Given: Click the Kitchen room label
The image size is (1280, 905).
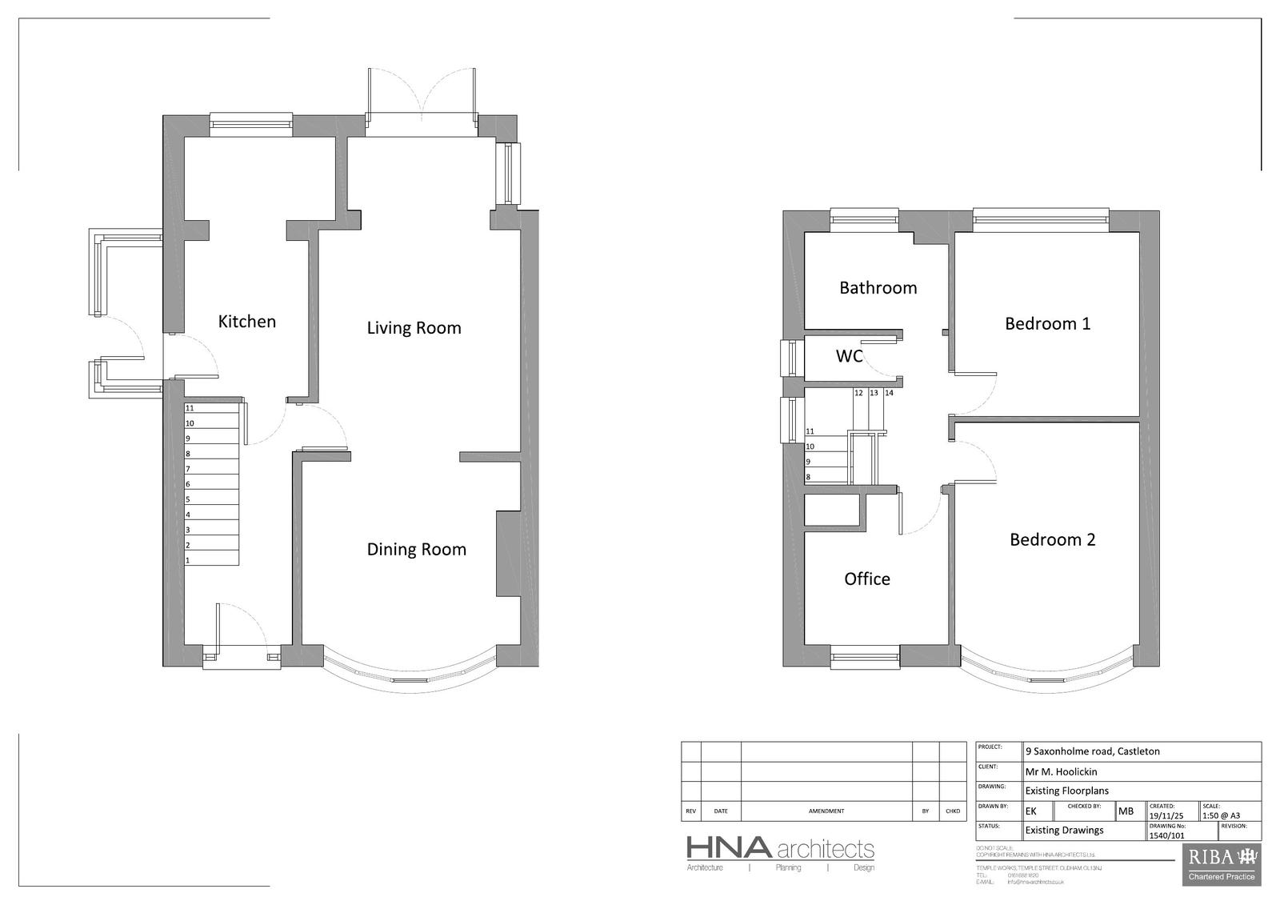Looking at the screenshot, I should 247,322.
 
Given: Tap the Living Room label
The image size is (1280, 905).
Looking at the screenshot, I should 414,328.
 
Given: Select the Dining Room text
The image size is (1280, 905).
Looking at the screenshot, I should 416,550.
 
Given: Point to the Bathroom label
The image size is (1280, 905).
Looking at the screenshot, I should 878,288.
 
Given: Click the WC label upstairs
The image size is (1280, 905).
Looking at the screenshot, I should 849,356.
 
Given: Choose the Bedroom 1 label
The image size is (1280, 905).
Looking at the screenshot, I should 1047,324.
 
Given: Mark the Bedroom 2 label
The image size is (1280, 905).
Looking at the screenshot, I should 1052,540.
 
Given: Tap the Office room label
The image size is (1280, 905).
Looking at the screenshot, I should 866,579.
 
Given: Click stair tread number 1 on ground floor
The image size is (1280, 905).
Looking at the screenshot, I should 188,560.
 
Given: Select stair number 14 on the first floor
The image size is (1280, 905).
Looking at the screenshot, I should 889,393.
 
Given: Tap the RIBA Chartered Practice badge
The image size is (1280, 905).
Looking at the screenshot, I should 1222,864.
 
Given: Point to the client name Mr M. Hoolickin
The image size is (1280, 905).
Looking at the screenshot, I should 1061,772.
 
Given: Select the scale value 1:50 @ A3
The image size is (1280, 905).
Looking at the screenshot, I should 1220,815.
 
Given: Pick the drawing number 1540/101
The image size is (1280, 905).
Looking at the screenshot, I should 1166,835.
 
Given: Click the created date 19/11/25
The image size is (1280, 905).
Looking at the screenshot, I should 1166,815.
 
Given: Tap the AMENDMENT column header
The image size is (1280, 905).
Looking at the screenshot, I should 826,811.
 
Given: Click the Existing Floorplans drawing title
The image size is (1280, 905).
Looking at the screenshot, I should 1066,791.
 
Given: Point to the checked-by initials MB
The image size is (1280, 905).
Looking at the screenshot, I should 1126,811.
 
